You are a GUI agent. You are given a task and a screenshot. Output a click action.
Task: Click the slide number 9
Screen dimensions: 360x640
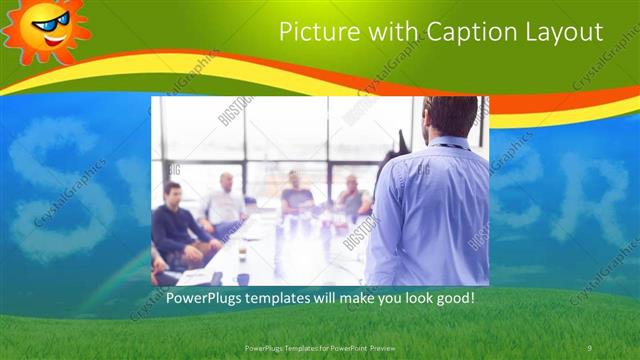point(590,347)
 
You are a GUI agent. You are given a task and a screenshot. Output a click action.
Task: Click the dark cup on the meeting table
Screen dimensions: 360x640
point(242,279)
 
